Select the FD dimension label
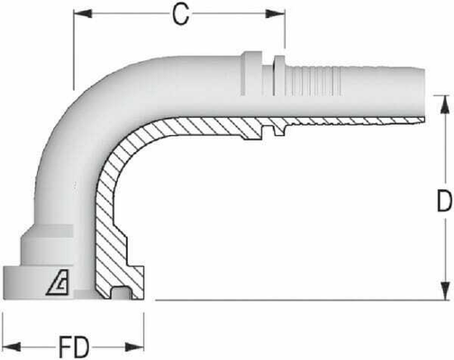tap(73, 346)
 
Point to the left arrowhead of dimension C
tap(78, 13)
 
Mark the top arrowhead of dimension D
tap(443, 98)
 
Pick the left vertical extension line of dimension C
tap(73, 45)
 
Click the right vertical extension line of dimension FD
tap(143, 319)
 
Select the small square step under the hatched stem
tap(268, 132)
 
